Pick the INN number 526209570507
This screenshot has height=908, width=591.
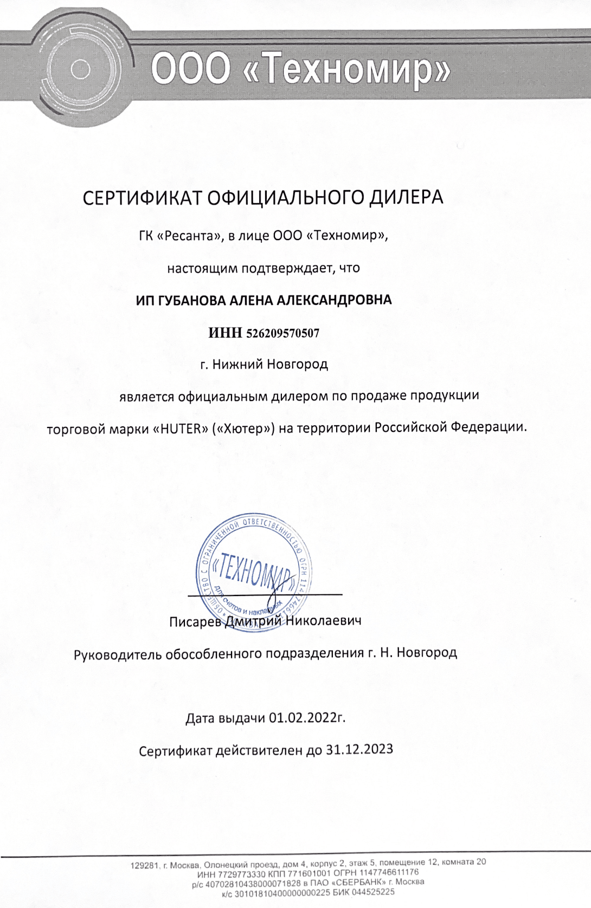282,333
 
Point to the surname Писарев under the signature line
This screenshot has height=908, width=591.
195,621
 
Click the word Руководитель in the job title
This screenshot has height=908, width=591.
118,654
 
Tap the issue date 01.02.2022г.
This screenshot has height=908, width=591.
307,718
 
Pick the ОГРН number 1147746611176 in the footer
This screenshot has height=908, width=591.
388,873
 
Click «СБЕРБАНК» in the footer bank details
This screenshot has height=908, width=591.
357,883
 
